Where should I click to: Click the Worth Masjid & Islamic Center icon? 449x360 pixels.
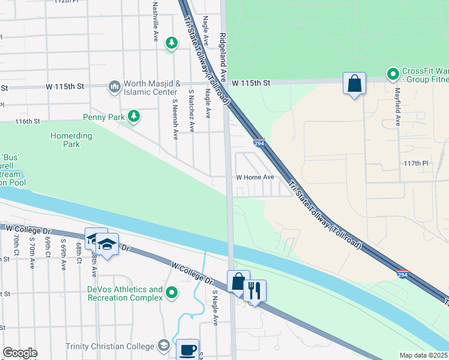pyautogui.click(x=114, y=88)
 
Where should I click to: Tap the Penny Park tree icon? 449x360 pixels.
pyautogui.click(x=134, y=116)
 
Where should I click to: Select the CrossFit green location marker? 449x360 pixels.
pyautogui.click(x=393, y=74)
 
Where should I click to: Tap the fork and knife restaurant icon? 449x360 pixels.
pyautogui.click(x=255, y=291)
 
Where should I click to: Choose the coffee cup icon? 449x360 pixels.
pyautogui.click(x=187, y=349)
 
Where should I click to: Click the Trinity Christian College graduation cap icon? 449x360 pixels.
pyautogui.click(x=164, y=345)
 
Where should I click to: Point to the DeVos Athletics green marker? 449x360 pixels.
pyautogui.click(x=172, y=293)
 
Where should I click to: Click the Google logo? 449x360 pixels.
pyautogui.click(x=20, y=353)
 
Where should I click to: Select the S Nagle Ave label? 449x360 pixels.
pyautogui.click(x=214, y=307)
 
